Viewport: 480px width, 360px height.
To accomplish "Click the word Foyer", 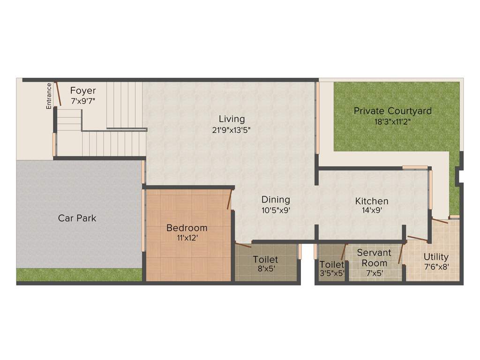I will tap(83, 90).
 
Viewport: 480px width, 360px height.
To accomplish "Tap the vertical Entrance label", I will tap(49, 96).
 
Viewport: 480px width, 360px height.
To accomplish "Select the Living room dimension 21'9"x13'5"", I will tap(232, 130).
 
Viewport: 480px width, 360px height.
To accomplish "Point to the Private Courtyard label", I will tap(392, 111).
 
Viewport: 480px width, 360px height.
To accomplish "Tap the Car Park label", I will tap(77, 218).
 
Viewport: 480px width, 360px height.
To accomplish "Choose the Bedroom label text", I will tap(187, 228).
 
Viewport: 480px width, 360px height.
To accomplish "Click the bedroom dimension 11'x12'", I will tap(187, 238).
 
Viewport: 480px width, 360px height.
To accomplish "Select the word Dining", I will tap(276, 200).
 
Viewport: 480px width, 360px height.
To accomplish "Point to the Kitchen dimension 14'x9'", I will tap(371, 211).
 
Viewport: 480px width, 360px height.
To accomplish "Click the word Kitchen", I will tap(371, 201).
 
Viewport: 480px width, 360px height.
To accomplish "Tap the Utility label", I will tap(436, 257).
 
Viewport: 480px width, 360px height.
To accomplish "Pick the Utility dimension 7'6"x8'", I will tap(436, 267).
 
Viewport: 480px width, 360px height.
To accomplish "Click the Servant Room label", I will tap(374, 258).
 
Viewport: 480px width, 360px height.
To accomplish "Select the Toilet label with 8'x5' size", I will tap(265, 259).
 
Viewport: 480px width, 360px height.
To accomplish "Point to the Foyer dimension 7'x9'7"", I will tap(83, 101).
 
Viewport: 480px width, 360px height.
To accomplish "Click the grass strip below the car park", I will tap(79, 275).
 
